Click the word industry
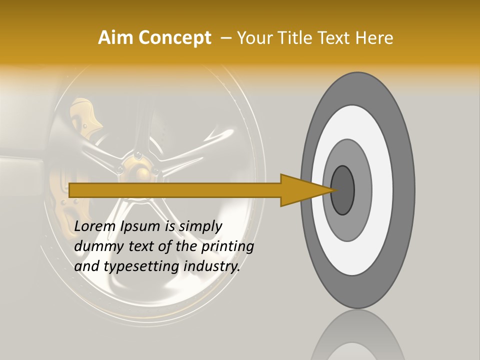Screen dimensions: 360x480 click(x=211, y=267)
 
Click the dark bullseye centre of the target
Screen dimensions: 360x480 click(x=342, y=190)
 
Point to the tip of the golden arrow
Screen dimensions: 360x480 click(x=331, y=190)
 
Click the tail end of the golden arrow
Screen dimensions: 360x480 click(x=71, y=190)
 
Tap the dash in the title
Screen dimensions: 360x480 click(x=225, y=38)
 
